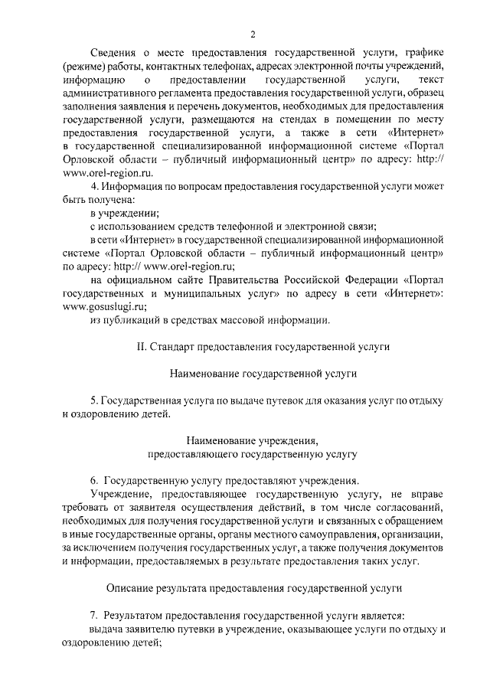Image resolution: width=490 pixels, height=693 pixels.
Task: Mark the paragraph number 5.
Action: pyautogui.click(x=93, y=401)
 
